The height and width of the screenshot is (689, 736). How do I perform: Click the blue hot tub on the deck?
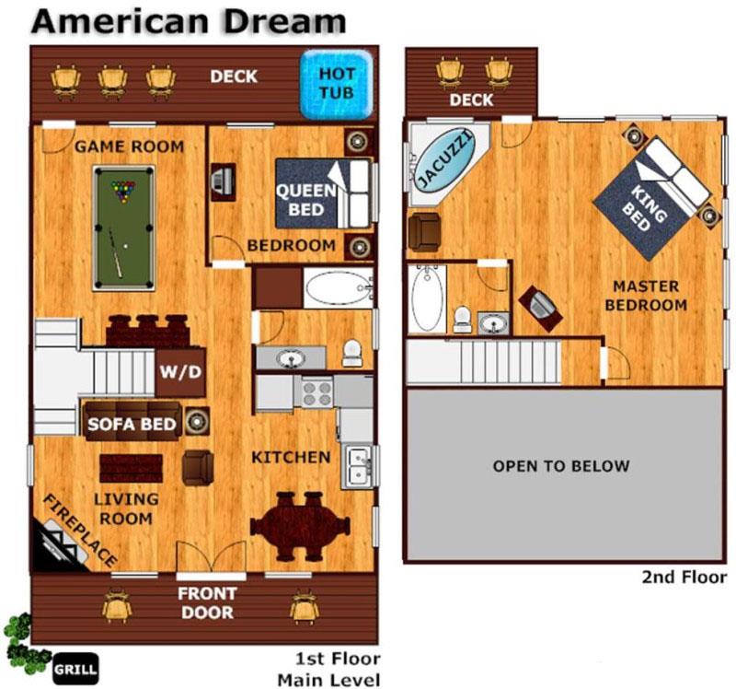point(336,84)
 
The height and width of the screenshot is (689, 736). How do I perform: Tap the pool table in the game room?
point(123,228)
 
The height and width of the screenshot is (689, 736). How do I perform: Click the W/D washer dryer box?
point(180,372)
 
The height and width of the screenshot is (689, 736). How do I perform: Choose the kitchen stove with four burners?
point(317,392)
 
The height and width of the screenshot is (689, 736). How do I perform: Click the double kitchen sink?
point(358,465)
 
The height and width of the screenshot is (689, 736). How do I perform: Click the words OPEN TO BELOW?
point(561,465)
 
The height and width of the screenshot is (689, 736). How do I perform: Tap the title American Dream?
point(190,21)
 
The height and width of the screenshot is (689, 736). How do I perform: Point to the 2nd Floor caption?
point(684,578)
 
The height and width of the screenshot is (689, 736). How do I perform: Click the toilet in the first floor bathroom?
point(351,351)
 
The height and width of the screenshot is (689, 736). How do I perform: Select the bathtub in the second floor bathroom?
point(427,298)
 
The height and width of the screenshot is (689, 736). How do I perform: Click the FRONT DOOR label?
point(207,602)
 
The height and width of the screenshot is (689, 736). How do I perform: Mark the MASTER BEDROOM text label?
point(650,296)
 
